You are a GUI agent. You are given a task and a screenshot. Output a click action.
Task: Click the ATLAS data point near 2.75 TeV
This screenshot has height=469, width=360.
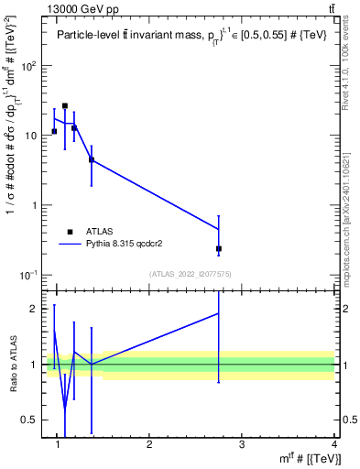[219, 248]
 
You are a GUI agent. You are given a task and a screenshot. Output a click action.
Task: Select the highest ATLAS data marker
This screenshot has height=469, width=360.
[65, 106]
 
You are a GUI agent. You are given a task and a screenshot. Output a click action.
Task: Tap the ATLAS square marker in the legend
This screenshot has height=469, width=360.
[70, 232]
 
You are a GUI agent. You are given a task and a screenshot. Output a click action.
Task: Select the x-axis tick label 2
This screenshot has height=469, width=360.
[149, 444]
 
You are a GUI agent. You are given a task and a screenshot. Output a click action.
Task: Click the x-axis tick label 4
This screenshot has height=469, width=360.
[334, 444]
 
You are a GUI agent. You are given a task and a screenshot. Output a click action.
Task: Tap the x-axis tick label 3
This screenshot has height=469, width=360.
[242, 444]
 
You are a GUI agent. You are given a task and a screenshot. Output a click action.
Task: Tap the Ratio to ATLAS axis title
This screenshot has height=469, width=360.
[12, 365]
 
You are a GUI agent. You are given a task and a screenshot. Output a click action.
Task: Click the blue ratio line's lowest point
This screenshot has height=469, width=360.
[65, 409]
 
